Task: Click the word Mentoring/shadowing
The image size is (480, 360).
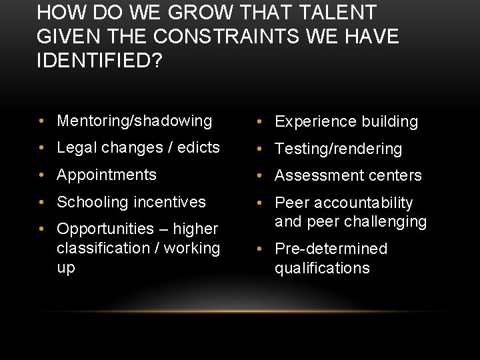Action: point(134,121)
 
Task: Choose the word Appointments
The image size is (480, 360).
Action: point(107,175)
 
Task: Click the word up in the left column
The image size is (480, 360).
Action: point(66,267)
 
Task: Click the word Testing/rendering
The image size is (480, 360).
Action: point(338,149)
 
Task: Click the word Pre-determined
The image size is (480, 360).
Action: point(331,249)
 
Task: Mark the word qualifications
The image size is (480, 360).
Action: point(322,268)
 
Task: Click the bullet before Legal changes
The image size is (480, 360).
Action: point(42,147)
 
